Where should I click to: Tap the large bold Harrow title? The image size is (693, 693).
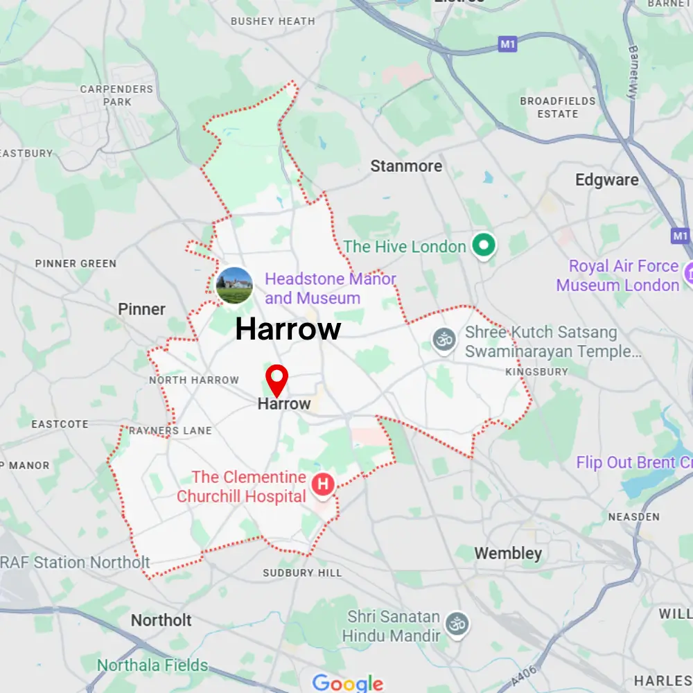[288, 330]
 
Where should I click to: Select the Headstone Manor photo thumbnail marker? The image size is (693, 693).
[234, 286]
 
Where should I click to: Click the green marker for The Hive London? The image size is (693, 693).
[483, 245]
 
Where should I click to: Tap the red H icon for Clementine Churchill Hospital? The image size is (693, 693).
[323, 484]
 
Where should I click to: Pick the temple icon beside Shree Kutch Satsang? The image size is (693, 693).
[444, 340]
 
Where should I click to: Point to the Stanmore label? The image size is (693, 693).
[405, 166]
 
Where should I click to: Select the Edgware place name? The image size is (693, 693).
[606, 180]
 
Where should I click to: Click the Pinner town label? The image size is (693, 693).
[141, 309]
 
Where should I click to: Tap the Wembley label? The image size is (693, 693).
[508, 553]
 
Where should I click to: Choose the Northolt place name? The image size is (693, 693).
[161, 620]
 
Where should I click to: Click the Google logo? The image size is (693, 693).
[347, 683]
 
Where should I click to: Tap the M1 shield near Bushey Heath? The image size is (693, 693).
[508, 44]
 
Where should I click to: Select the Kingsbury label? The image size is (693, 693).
[536, 372]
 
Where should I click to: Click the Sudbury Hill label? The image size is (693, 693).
[302, 573]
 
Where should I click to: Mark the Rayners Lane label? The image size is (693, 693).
[170, 431]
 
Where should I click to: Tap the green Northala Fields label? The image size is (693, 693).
[152, 665]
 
